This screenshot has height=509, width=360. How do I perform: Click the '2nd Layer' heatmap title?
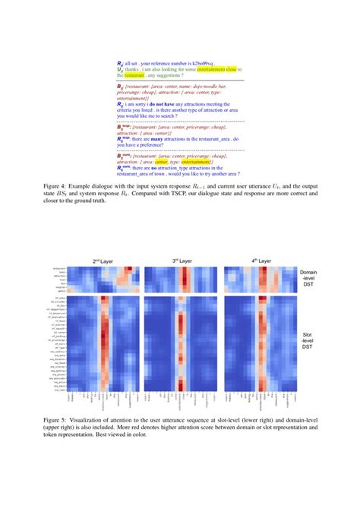103,260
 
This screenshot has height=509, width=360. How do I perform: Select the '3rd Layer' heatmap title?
180,260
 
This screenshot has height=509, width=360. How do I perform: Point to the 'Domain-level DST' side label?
308,275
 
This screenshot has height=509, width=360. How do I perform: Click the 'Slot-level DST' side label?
308,339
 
